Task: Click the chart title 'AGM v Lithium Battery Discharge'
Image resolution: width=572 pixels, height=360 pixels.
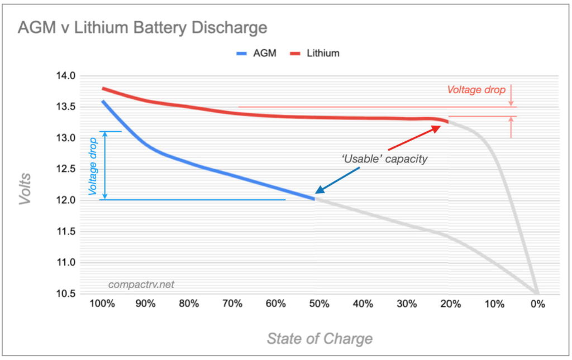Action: click(142, 27)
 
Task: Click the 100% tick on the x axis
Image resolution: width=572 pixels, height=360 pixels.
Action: click(102, 304)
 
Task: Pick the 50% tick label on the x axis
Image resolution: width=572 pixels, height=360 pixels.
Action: click(320, 304)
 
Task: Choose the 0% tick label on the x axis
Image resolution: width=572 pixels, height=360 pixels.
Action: click(537, 304)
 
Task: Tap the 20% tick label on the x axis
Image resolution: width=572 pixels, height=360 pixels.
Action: click(450, 304)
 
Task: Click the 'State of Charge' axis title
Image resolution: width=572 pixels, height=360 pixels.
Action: click(319, 338)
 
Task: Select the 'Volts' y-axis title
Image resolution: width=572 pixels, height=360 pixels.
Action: click(26, 189)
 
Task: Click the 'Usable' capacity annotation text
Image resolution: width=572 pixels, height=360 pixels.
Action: click(384, 159)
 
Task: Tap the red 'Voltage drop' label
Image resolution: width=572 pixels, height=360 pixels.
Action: click(476, 90)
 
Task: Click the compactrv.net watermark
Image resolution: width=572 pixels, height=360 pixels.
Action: click(141, 285)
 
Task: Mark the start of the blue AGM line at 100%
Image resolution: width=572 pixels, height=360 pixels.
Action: click(103, 102)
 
